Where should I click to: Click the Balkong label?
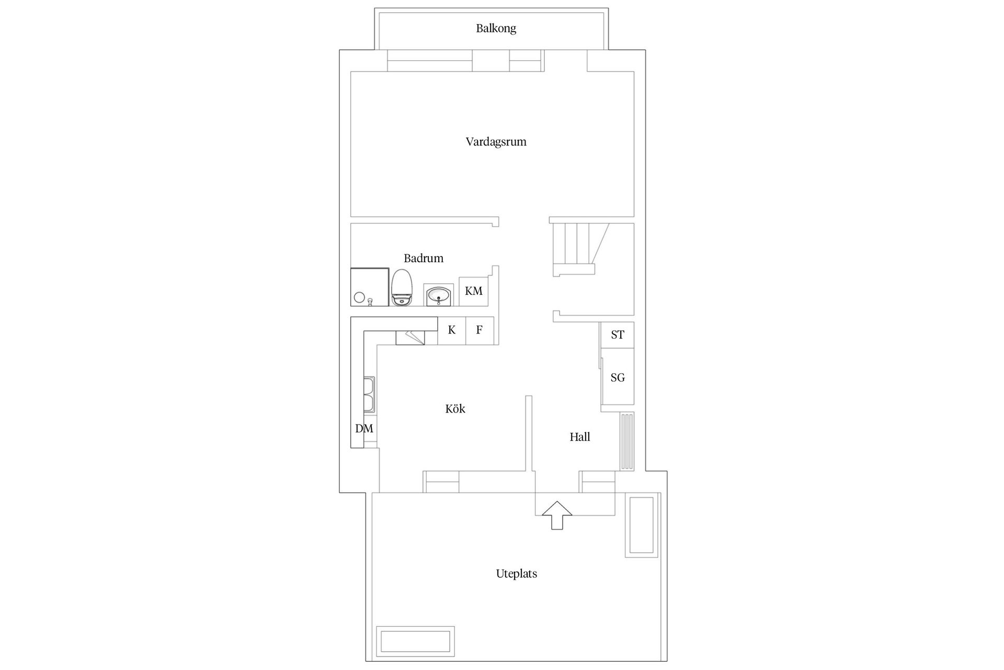point(496,28)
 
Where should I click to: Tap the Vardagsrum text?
point(496,142)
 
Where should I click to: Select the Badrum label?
point(423,258)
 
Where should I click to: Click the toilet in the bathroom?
point(402,287)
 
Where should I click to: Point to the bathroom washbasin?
point(438,296)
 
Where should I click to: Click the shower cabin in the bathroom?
point(369,287)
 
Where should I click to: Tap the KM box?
point(474,291)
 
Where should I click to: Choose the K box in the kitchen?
point(451,330)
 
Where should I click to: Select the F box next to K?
point(479,330)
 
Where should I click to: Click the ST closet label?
point(617,335)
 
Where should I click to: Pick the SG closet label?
point(617,377)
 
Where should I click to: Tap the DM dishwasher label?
point(364,429)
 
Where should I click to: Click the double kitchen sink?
point(369,394)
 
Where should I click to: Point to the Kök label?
point(455,409)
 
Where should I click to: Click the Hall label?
point(579,437)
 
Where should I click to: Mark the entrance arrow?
point(557,515)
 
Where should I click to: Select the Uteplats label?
point(516,574)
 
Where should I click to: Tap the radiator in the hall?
point(626,441)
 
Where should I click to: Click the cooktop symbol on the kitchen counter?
point(410,338)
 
